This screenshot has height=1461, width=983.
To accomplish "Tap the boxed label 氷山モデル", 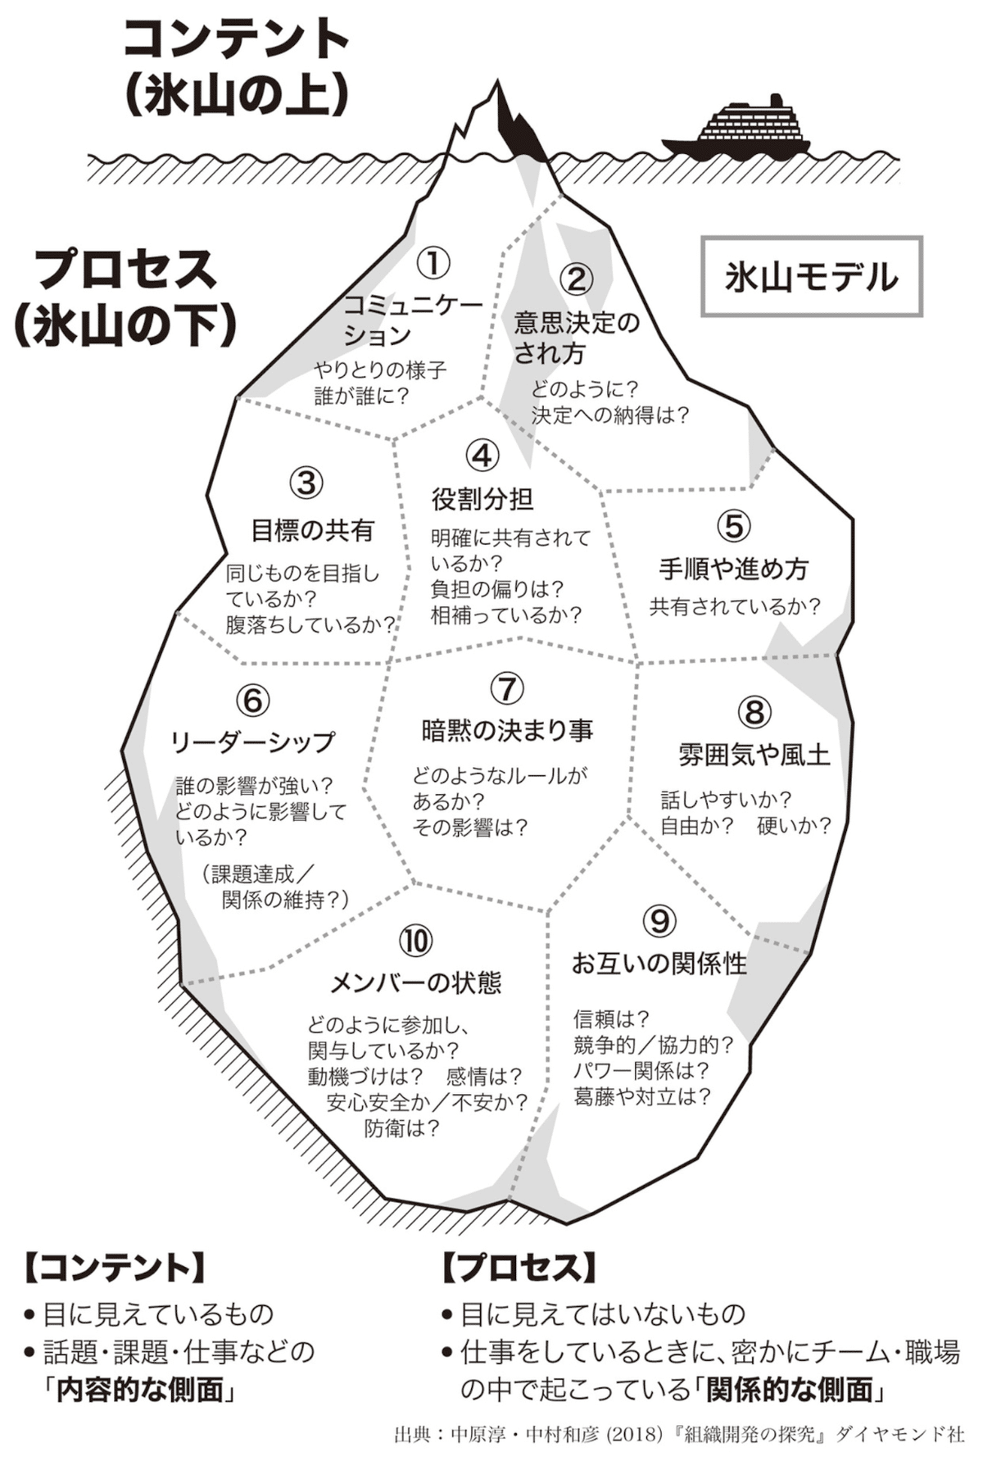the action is pos(811,277).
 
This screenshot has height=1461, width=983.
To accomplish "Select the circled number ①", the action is pos(433,263).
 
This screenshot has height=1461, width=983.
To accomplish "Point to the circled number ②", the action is pos(576,279).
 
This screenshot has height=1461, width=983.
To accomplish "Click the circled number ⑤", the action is pos(733,525).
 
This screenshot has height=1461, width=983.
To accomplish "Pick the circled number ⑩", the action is pos(415,941).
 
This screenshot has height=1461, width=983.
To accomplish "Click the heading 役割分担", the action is pos(482,498).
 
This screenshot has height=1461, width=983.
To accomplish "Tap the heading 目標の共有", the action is pos(312,530).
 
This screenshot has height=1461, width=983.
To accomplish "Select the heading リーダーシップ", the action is pos(252,742).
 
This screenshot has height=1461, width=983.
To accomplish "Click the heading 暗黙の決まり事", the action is pos(507,729).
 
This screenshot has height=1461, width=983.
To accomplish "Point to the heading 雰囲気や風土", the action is pos(754,754).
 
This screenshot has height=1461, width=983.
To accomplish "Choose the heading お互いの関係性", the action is pos(659,963).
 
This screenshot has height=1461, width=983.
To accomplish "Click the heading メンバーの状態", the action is pos(415,982).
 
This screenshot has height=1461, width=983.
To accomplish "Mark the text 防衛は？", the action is pos(401,1128).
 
